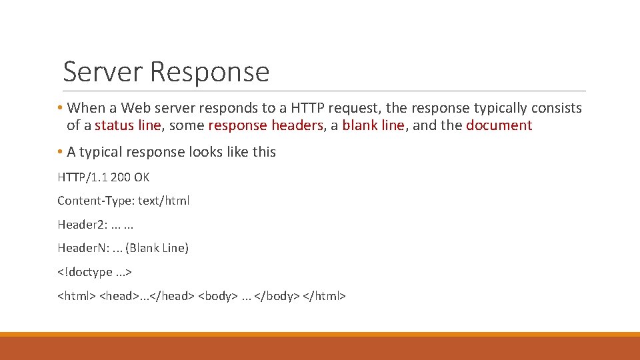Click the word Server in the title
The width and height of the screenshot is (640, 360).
coord(103,71)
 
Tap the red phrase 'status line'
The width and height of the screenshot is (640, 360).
coord(128,125)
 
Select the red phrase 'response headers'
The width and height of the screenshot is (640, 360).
coord(265,125)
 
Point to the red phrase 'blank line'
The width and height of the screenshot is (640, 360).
coord(373,125)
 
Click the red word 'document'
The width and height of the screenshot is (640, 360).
coord(499,125)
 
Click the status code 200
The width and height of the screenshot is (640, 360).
coord(121,177)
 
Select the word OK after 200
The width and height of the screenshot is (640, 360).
coord(142,177)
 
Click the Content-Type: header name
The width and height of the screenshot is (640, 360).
coord(96,201)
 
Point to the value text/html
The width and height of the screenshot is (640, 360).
coord(164,201)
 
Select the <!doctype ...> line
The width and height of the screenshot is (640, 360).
coord(95,272)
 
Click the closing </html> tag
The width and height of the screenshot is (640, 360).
coord(325,295)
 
